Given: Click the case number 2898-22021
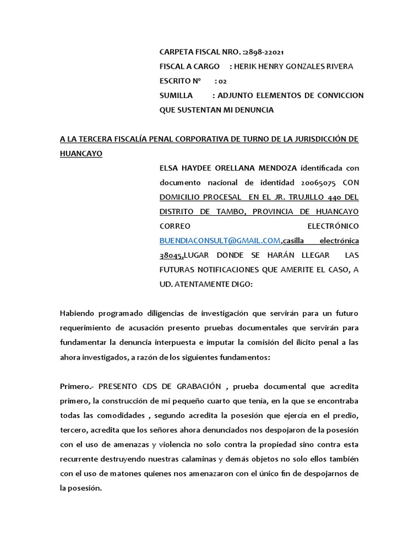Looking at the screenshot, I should click(x=264, y=52).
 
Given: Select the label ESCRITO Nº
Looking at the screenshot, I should click(x=180, y=81).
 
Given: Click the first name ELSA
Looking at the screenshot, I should click(x=169, y=167).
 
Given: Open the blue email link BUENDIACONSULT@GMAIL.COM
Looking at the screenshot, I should click(x=220, y=240).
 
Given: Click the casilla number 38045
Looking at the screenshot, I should click(x=171, y=254).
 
